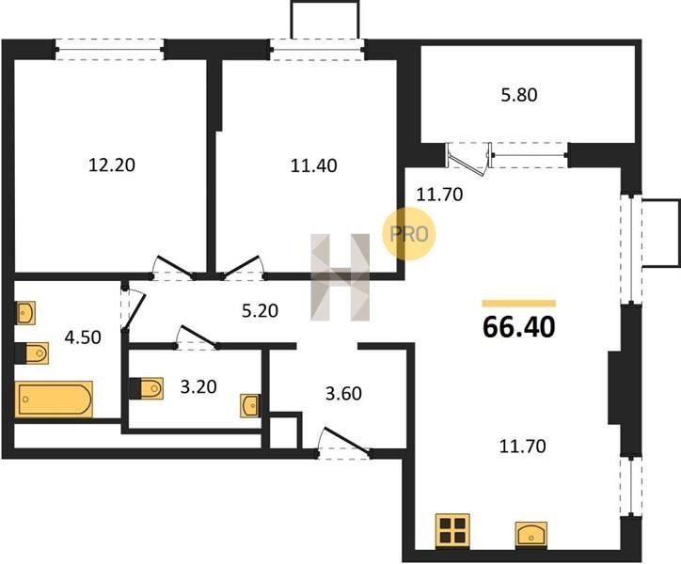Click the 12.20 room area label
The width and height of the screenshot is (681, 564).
coord(112,165)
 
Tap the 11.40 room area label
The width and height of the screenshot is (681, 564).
coord(313,165)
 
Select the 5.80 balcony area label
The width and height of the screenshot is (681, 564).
coord(519,95)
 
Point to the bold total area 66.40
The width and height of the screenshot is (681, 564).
coord(518,327)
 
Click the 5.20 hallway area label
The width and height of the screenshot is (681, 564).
coord(260,311)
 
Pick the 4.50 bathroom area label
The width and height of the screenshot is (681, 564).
coord(83,337)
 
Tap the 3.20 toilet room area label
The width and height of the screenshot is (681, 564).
coord(198,387)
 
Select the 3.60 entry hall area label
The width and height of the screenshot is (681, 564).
coord(343,394)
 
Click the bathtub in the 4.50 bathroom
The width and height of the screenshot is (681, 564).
coord(54,399)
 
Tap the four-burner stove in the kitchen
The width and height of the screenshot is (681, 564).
coord(452,530)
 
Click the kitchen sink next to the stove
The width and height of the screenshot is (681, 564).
coord(531,534)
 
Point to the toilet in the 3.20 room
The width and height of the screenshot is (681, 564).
coord(147,388)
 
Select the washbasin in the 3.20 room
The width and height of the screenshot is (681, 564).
coord(250,406)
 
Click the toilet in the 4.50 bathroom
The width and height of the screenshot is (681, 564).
coord(32,353)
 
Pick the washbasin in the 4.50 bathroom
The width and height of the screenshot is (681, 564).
coord(25,313)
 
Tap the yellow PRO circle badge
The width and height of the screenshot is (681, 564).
coord(408,233)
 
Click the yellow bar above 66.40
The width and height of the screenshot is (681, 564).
coord(519,304)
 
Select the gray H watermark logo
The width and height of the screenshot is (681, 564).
coord(340,277)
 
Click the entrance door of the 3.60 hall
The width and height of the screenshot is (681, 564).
coord(344,442)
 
